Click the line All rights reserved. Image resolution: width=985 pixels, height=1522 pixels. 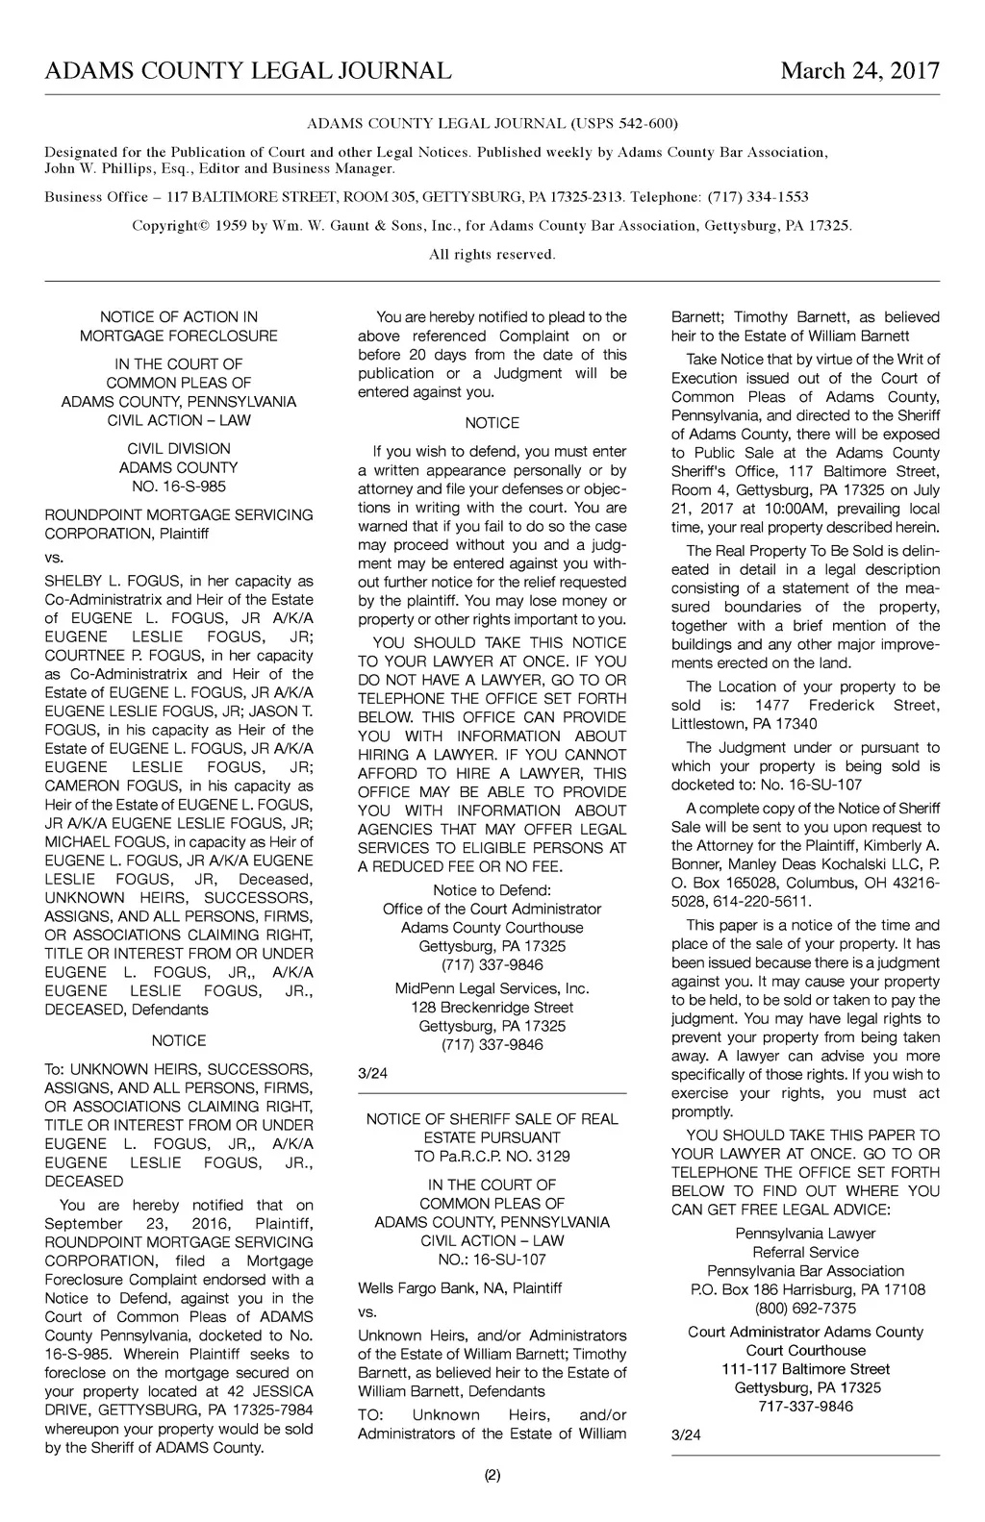click(492, 255)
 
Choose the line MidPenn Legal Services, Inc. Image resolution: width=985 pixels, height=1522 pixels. click(492, 988)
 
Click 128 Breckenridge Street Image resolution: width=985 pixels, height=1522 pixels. click(492, 1008)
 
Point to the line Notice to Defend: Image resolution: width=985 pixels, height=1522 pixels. click(492, 890)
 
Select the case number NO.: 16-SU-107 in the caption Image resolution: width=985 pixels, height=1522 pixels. click(492, 1260)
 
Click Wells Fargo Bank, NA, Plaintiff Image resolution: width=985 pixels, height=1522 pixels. click(460, 1287)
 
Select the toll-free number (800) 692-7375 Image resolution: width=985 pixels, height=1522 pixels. click(805, 1309)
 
